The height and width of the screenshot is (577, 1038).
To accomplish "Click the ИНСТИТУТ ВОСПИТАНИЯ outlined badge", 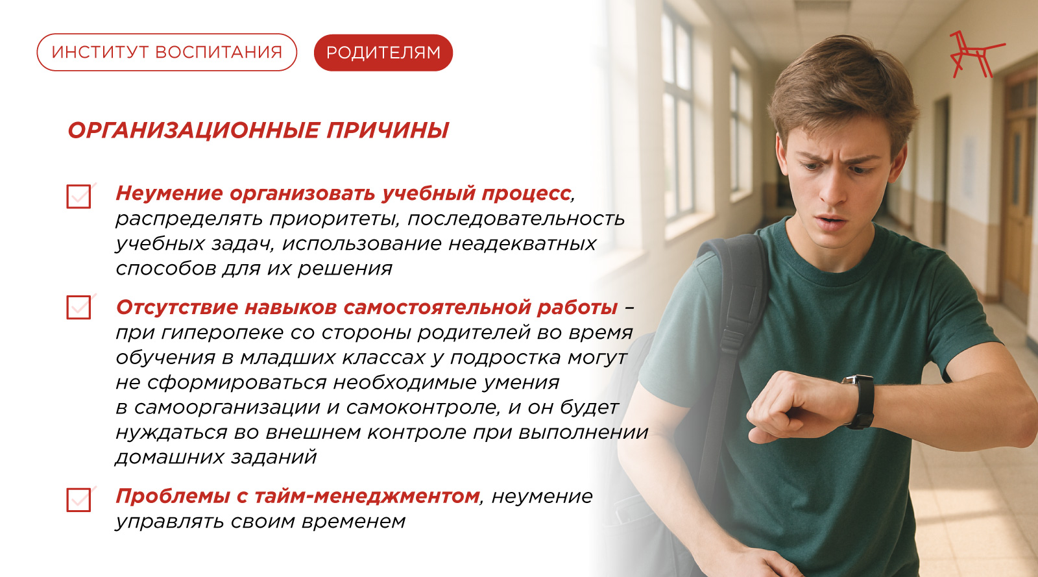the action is tap(167, 53).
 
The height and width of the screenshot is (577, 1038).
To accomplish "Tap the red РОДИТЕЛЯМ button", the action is tap(383, 53).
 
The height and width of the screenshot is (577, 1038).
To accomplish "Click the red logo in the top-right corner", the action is tap(976, 55).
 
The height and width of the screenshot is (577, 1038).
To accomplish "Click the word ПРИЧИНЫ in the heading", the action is tap(387, 130).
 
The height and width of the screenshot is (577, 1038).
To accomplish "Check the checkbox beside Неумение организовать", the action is tap(78, 197).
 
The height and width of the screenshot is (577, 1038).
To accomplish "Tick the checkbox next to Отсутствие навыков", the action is tap(78, 307).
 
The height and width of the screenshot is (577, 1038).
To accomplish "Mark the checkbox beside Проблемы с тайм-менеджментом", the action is tap(78, 500).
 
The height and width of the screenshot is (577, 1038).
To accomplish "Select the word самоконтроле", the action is tap(424, 408).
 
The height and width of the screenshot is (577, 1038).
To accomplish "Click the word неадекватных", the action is tap(522, 244).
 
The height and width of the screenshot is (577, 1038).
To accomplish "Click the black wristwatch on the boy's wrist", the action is tap(859, 401).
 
